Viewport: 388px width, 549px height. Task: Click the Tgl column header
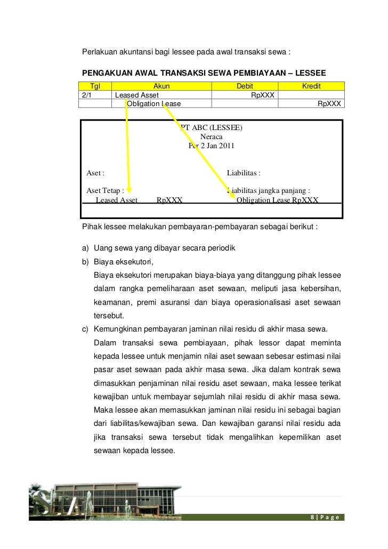[x=95, y=86]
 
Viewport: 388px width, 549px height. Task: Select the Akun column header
[x=161, y=86]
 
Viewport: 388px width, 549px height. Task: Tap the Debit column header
[x=245, y=86]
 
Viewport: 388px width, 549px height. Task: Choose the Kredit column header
[x=311, y=86]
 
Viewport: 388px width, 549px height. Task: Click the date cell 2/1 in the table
[x=86, y=95]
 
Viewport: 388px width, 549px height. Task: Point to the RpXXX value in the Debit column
[x=263, y=95]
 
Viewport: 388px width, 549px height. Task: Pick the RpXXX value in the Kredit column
[x=329, y=103]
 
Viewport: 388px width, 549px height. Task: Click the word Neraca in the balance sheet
[x=211, y=136]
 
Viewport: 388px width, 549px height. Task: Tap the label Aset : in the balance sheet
[x=95, y=173]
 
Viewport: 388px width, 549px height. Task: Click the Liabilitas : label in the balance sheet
[x=244, y=173]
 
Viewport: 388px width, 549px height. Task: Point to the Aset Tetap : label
[x=106, y=190]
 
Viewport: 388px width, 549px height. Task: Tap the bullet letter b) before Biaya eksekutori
[x=85, y=262]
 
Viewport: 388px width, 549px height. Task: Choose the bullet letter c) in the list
[x=85, y=327]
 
